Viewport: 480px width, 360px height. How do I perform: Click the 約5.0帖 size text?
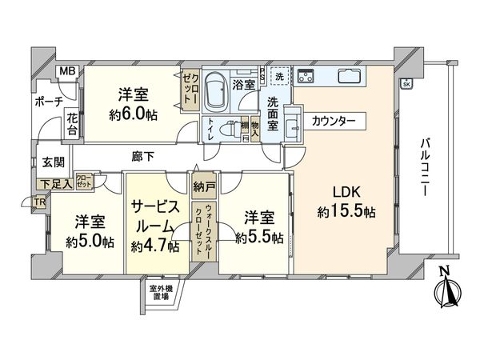(x=89, y=238)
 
